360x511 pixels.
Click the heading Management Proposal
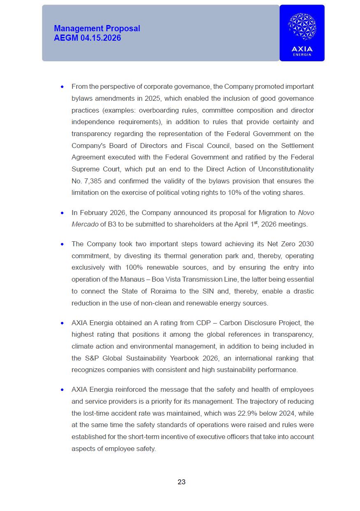click(x=97, y=28)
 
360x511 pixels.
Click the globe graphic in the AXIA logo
click(x=302, y=26)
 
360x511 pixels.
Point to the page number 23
click(x=181, y=482)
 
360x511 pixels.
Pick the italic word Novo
click(x=306, y=213)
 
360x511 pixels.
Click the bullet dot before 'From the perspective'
click(x=62, y=87)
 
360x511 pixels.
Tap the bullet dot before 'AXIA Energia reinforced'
click(x=62, y=389)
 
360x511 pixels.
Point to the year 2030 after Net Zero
click(x=306, y=244)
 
